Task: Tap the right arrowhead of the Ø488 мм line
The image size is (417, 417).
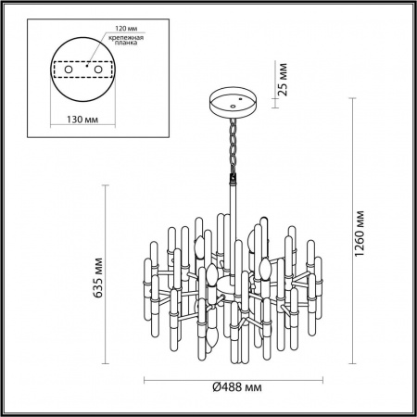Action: coord(318,381)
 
